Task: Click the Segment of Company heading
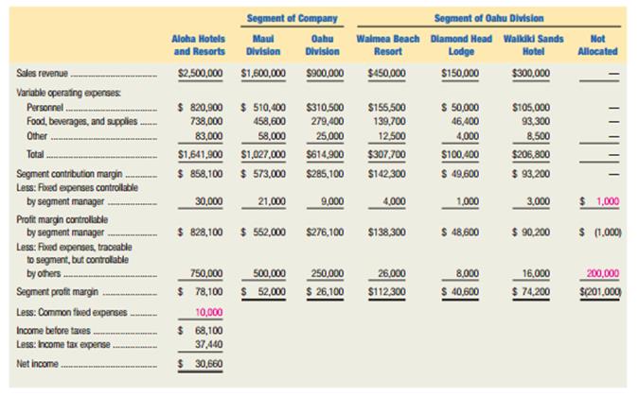click(293, 18)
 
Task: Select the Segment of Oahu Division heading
click(488, 18)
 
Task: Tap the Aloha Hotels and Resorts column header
click(199, 45)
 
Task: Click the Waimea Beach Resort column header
click(388, 45)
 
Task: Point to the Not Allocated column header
click(597, 45)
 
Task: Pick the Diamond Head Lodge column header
click(461, 45)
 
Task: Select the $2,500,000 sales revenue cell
click(201, 73)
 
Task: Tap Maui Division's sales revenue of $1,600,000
click(263, 73)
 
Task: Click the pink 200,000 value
click(603, 273)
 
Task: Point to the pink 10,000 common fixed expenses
click(208, 312)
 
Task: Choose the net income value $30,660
click(201, 364)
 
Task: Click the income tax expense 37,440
click(208, 344)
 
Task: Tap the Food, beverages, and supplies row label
click(82, 122)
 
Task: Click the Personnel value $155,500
click(387, 108)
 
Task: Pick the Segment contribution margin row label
click(69, 174)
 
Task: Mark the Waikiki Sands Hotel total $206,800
click(531, 155)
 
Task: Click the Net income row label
click(38, 364)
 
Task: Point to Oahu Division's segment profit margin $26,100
click(325, 292)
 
